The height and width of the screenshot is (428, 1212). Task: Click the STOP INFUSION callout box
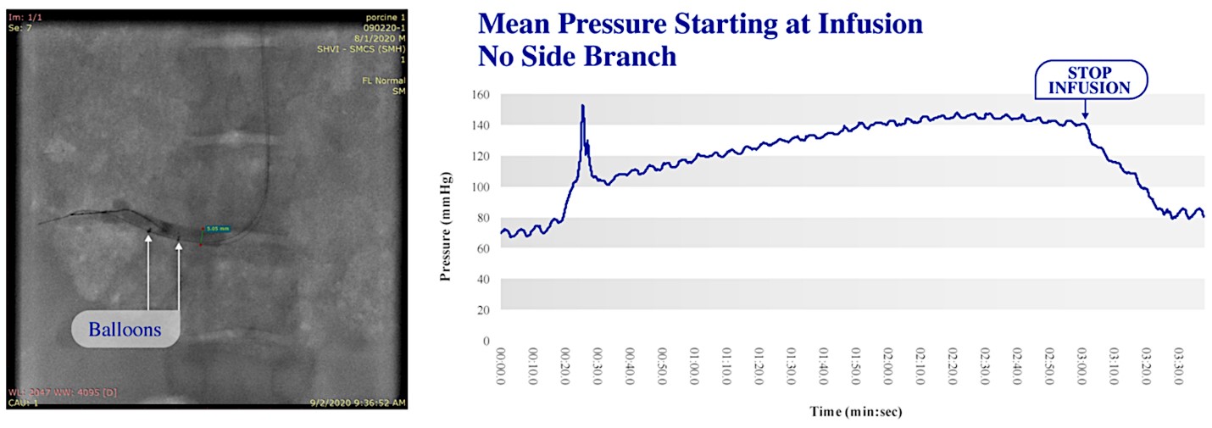point(1089,81)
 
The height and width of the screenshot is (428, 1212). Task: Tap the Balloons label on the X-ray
point(125,330)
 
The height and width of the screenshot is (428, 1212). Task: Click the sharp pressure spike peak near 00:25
point(583,106)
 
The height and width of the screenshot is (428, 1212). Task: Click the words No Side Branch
point(577,56)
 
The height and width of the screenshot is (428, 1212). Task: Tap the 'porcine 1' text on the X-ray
point(384,17)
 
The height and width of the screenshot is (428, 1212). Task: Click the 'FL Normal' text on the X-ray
point(383,81)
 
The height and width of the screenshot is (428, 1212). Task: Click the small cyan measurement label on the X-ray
point(217,228)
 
